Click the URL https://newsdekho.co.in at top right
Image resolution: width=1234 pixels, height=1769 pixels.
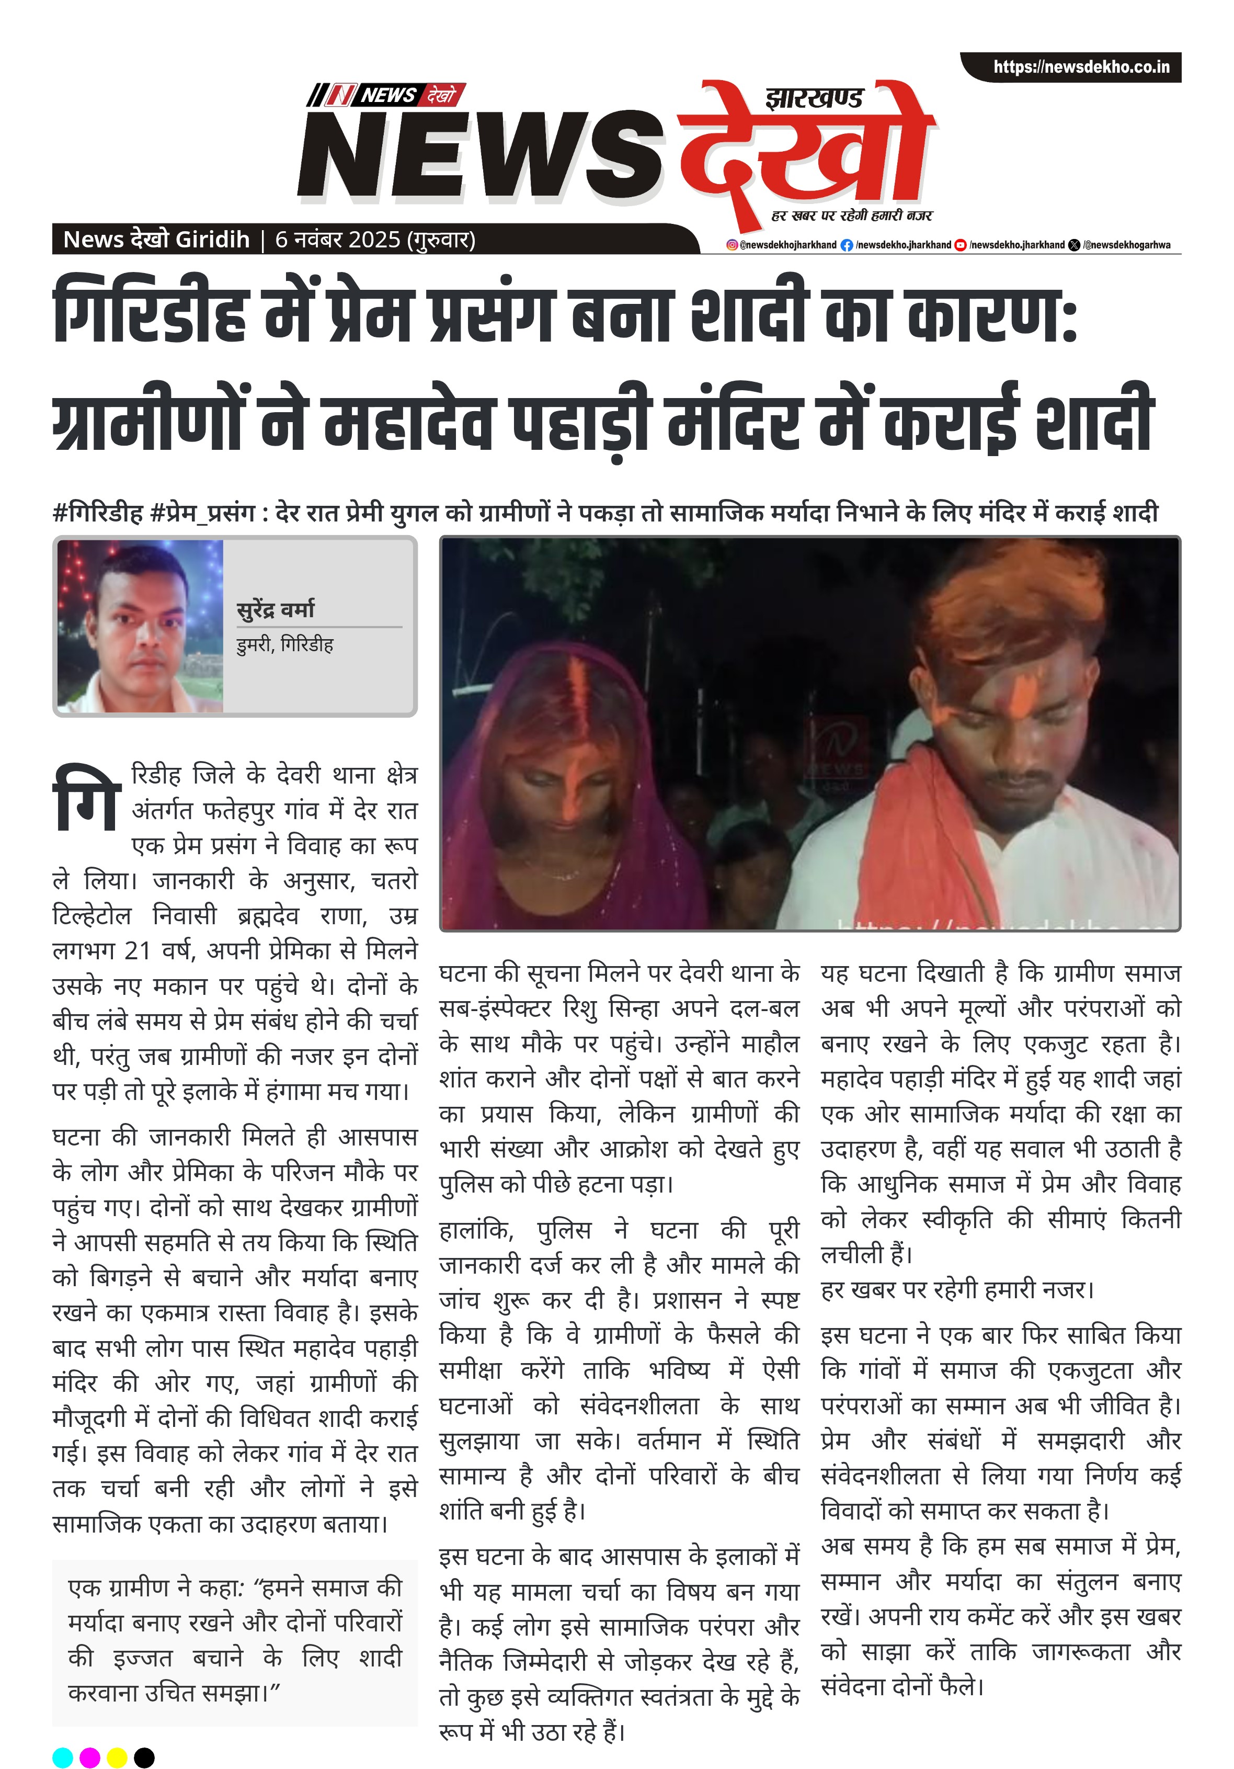pos(1081,67)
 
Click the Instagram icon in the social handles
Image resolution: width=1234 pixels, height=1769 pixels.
pos(732,245)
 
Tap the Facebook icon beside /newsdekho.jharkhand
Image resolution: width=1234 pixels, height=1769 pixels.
pos(847,245)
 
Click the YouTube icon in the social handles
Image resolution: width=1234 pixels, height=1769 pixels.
pos(960,245)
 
